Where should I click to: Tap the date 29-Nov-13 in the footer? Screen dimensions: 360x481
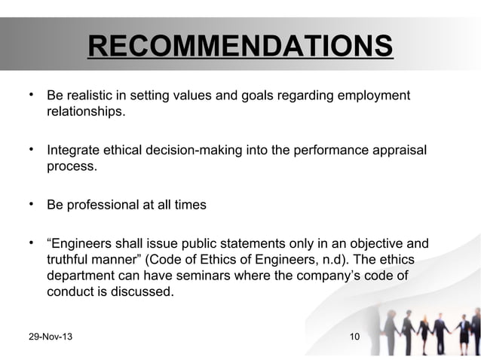pos(51,334)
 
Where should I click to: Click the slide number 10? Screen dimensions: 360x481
pos(354,334)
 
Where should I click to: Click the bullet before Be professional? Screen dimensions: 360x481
pos(29,203)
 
